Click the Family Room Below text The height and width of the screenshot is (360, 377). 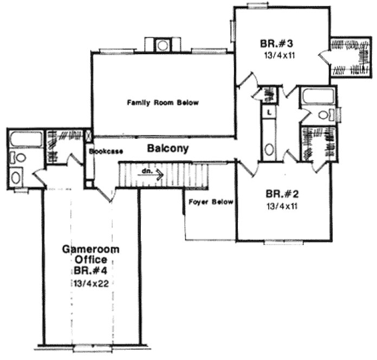pos(163,102)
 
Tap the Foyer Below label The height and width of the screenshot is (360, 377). pos(211,202)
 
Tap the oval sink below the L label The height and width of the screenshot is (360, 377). pos(269,149)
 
